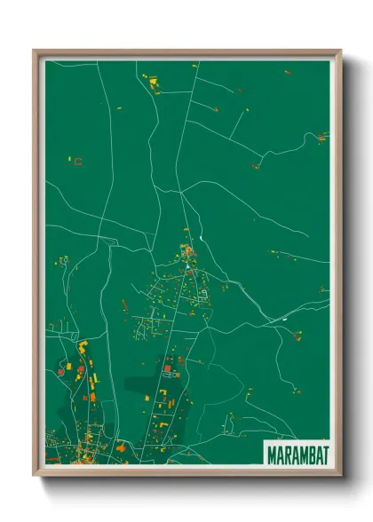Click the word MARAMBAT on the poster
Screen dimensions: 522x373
click(x=298, y=455)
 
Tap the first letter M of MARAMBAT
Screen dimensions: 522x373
click(x=272, y=455)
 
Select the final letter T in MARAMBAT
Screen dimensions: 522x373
click(x=325, y=455)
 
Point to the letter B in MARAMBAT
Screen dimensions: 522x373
click(x=311, y=455)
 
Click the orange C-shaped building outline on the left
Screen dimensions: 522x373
click(x=78, y=162)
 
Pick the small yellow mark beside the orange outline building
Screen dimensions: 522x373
click(x=69, y=159)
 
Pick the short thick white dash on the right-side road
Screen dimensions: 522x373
click(x=284, y=318)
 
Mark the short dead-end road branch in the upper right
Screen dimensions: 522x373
click(x=238, y=125)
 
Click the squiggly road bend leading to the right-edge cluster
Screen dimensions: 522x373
click(x=306, y=139)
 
